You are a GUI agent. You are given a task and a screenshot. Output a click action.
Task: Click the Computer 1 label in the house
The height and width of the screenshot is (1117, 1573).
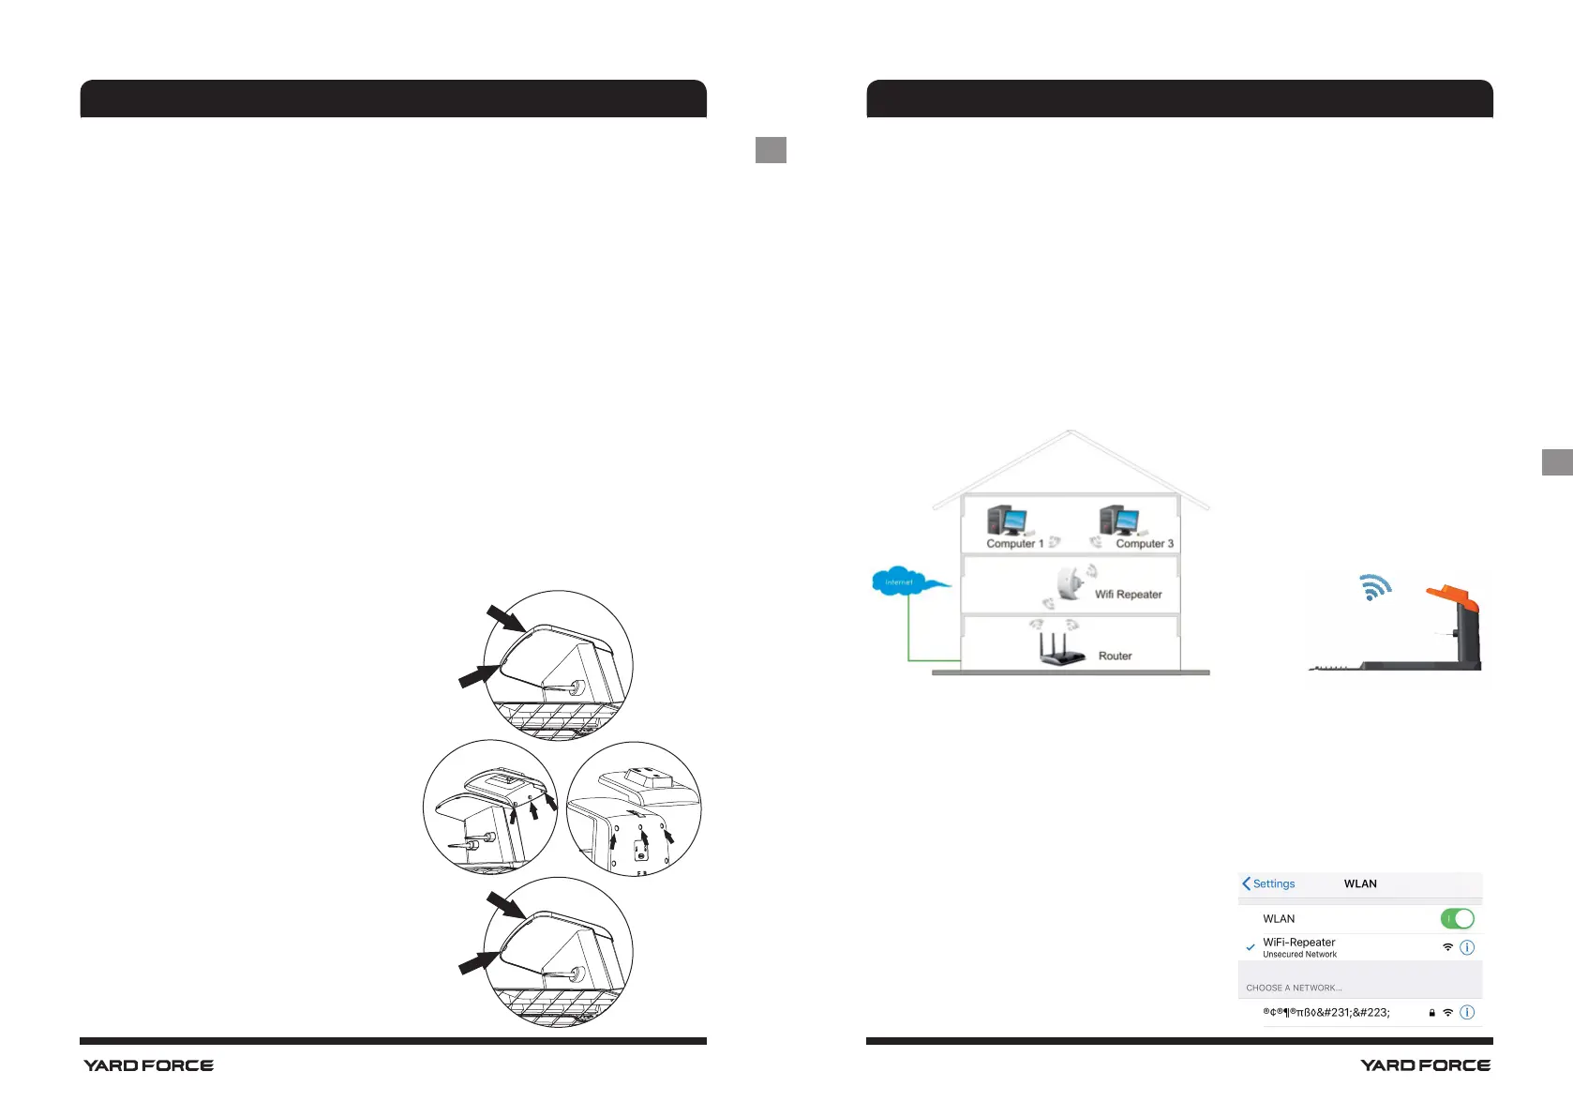[x=1014, y=544]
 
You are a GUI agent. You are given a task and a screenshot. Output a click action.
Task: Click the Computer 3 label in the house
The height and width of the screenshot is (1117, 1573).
[x=1144, y=544]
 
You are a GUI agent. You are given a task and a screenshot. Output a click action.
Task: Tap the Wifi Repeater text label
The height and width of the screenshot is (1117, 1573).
[x=1128, y=595]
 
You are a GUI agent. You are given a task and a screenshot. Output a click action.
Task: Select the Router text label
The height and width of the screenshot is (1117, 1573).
[x=1115, y=657]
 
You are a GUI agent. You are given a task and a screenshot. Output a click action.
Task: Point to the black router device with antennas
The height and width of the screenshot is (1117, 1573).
[x=1060, y=650]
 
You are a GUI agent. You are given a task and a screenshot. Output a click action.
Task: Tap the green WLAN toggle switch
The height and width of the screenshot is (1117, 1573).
[x=1457, y=919]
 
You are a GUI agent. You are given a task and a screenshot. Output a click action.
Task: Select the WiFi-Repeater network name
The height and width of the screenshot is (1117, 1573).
[x=1298, y=942]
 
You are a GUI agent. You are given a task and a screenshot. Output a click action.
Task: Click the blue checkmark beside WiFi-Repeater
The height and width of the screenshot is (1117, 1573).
[x=1250, y=947]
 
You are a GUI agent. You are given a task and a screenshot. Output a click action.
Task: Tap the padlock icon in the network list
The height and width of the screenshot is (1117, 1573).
[x=1431, y=1013]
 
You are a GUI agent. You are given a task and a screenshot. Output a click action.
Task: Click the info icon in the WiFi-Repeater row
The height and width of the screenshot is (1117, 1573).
[x=1467, y=947]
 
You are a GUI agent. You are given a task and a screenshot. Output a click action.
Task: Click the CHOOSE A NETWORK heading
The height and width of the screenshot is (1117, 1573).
[x=1294, y=988]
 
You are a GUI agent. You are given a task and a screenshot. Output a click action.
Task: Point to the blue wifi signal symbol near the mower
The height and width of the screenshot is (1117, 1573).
[x=1375, y=587]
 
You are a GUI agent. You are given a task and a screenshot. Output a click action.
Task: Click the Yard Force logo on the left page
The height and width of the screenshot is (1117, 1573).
[x=148, y=1065]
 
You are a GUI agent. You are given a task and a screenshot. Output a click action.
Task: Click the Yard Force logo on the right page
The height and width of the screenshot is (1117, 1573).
[x=1425, y=1065]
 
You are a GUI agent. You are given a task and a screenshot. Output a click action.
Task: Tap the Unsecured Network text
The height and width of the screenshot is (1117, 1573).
[x=1299, y=955]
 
